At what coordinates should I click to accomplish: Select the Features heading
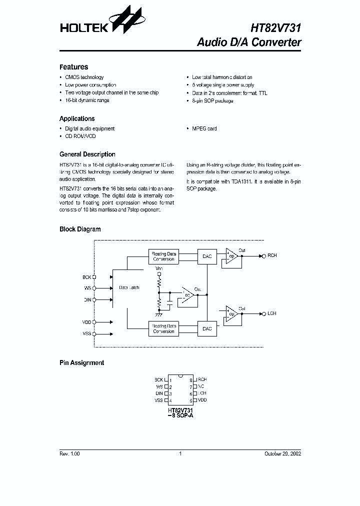[73, 67]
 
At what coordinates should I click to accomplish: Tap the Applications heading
[77, 119]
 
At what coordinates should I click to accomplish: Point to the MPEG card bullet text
[204, 128]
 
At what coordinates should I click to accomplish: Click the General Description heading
[87, 154]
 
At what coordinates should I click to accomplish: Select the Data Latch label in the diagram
[129, 288]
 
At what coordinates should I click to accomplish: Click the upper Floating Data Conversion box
[163, 256]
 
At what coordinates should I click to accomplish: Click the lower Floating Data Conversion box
[163, 328]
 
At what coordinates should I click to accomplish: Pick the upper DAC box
[207, 256]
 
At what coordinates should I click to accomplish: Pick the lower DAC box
[207, 328]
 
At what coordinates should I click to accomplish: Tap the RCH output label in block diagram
[272, 256]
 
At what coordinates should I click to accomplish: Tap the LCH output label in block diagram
[272, 313]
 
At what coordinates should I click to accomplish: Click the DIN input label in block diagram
[87, 300]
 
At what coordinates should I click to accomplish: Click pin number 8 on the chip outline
[191, 380]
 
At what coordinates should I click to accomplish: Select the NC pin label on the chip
[201, 387]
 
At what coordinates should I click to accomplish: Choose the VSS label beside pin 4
[158, 400]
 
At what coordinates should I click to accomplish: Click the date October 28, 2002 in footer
[282, 453]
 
